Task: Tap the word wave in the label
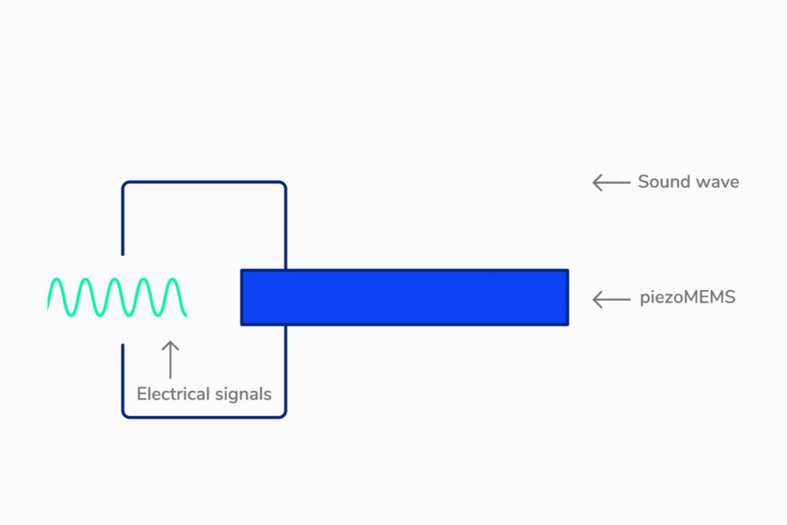point(717,182)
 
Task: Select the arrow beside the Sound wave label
point(611,182)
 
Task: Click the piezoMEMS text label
point(687,297)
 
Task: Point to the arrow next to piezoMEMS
point(611,298)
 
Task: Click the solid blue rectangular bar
point(404,297)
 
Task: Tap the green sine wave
point(117,297)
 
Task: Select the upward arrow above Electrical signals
point(171,359)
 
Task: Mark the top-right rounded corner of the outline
point(283,185)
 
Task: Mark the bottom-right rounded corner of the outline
point(283,414)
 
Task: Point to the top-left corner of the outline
point(125,185)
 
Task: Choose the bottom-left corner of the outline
point(125,414)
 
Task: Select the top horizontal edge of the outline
point(204,182)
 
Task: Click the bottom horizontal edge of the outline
point(204,417)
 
